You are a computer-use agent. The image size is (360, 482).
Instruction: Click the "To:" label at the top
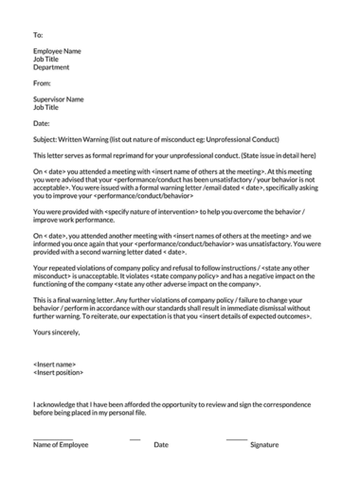click(x=38, y=34)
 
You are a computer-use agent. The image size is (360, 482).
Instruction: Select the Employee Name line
click(x=57, y=51)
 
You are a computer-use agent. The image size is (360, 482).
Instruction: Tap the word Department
click(x=51, y=67)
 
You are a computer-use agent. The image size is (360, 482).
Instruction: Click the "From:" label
click(x=42, y=83)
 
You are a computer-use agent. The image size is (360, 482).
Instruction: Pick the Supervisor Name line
click(x=58, y=99)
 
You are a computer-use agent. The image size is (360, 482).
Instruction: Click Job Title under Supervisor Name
click(x=45, y=107)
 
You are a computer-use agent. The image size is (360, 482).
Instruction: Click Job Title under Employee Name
click(x=45, y=59)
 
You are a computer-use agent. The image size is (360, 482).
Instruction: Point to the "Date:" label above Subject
click(x=42, y=123)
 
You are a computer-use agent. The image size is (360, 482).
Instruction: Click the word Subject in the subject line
click(x=45, y=139)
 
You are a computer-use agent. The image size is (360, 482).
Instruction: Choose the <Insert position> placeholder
click(x=59, y=371)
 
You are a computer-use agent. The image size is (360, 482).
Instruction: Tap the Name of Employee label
click(x=61, y=444)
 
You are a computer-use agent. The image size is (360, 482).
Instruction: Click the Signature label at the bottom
click(x=264, y=444)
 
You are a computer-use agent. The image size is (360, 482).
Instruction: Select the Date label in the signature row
click(x=161, y=444)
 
